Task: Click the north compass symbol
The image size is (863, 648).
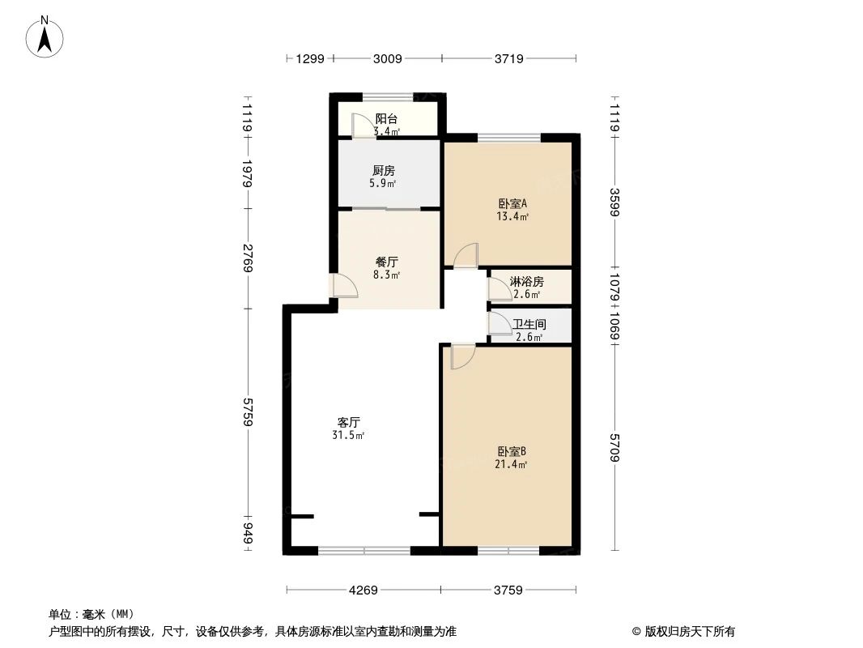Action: pyautogui.click(x=45, y=36)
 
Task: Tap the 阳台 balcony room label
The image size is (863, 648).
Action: pyautogui.click(x=385, y=117)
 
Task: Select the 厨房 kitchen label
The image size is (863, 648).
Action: pyautogui.click(x=384, y=171)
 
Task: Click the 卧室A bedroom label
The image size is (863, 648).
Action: pyautogui.click(x=512, y=204)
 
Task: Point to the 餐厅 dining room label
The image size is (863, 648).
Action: pyautogui.click(x=386, y=262)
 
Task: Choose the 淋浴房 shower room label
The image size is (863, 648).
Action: pyautogui.click(x=526, y=282)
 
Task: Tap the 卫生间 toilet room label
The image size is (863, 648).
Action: pyautogui.click(x=529, y=324)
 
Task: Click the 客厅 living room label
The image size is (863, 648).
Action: pyautogui.click(x=349, y=422)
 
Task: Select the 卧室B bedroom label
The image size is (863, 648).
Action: pyautogui.click(x=512, y=451)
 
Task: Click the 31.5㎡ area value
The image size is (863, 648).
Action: pyautogui.click(x=348, y=436)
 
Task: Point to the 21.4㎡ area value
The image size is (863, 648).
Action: pyautogui.click(x=512, y=465)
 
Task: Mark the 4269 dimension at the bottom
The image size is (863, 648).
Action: pyautogui.click(x=363, y=590)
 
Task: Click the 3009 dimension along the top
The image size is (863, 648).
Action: pyautogui.click(x=387, y=58)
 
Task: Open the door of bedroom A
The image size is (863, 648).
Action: pyautogui.click(x=466, y=255)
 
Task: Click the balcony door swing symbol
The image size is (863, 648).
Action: pyautogui.click(x=359, y=125)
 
